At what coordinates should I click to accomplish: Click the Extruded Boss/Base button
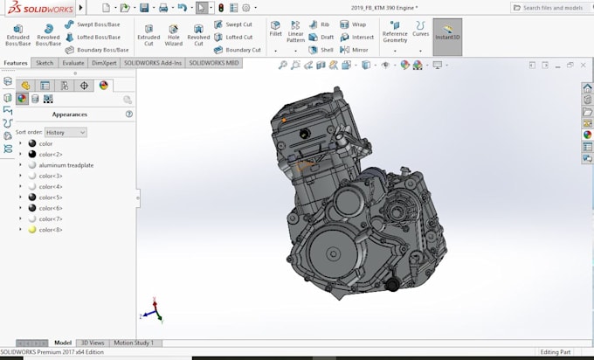(17, 34)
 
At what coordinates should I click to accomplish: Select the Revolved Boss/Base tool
(48, 34)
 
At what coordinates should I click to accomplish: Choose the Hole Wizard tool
(173, 34)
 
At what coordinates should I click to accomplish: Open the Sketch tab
(45, 63)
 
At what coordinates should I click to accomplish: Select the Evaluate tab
(73, 63)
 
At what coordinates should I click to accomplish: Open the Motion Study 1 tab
(134, 343)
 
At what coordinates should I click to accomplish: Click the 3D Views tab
(93, 343)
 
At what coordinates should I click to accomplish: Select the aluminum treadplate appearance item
(66, 165)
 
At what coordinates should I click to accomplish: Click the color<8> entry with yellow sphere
(51, 230)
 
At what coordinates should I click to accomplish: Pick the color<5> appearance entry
(51, 197)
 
